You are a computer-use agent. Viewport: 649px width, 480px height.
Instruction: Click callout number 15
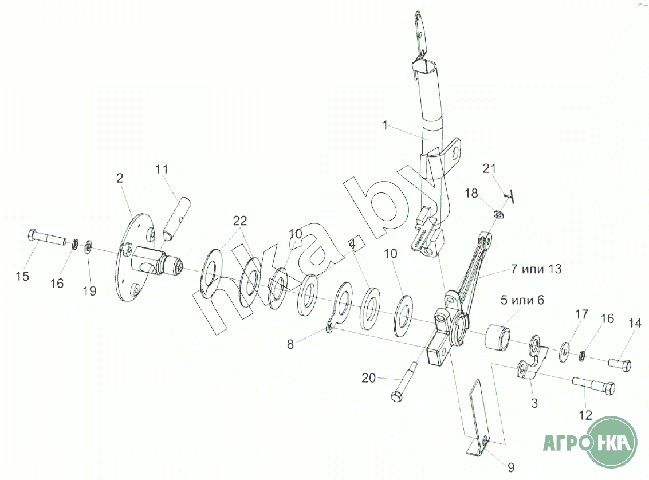22,277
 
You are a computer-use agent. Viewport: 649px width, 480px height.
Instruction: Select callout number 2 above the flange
120,178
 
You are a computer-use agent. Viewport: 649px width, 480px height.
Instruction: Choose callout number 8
290,344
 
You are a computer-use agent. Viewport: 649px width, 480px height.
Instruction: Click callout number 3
534,403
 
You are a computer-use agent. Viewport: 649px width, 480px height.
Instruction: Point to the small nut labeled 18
499,214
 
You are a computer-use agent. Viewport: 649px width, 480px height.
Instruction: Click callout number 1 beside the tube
386,125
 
